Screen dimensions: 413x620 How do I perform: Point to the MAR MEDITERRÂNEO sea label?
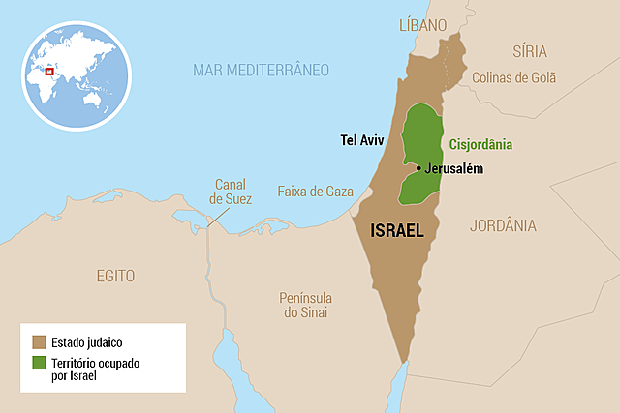[x=261, y=70]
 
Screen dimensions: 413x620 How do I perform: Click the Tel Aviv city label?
[x=362, y=140]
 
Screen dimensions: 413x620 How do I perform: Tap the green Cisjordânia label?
[x=480, y=145]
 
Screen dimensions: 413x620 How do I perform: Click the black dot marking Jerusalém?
[x=418, y=168]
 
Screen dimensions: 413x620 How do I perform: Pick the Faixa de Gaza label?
[x=315, y=191]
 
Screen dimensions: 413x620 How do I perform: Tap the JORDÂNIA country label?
[x=502, y=225]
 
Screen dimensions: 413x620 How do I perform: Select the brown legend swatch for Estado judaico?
[x=40, y=341]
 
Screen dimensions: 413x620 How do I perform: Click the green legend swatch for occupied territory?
[x=40, y=363]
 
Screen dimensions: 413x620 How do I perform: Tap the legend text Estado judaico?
[x=89, y=341]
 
